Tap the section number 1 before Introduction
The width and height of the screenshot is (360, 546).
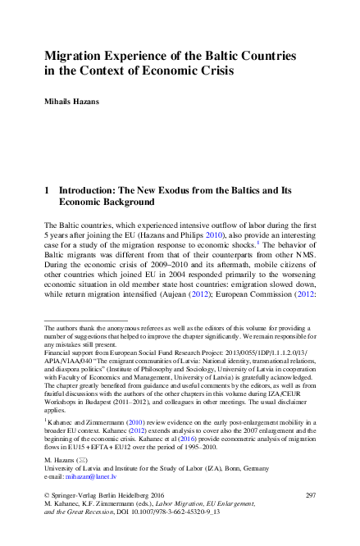47,189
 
